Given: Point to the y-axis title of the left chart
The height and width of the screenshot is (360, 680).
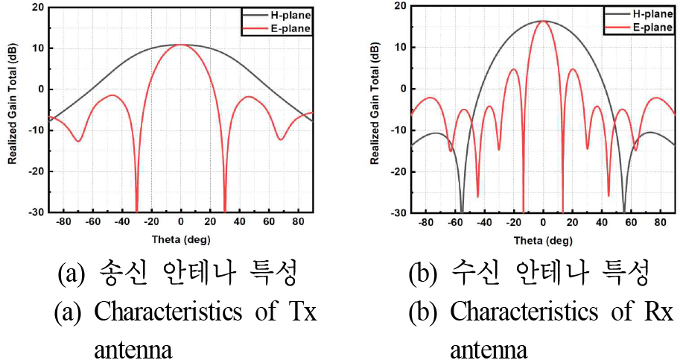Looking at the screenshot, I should (13, 110).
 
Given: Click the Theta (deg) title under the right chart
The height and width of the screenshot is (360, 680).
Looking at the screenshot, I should (543, 241).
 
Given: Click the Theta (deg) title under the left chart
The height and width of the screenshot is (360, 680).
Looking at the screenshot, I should (180, 240).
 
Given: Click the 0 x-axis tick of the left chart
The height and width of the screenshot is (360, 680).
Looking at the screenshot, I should (180, 222).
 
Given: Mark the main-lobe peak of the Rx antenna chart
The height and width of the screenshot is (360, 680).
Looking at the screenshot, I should (543, 21).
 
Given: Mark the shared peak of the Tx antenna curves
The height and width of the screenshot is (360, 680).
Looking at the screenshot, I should (180, 45).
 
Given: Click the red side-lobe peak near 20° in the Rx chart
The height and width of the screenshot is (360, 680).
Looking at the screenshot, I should (573, 69).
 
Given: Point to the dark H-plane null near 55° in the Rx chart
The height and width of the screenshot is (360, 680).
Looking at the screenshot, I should (624, 210).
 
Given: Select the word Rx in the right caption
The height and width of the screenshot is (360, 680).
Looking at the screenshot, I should (660, 312).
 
